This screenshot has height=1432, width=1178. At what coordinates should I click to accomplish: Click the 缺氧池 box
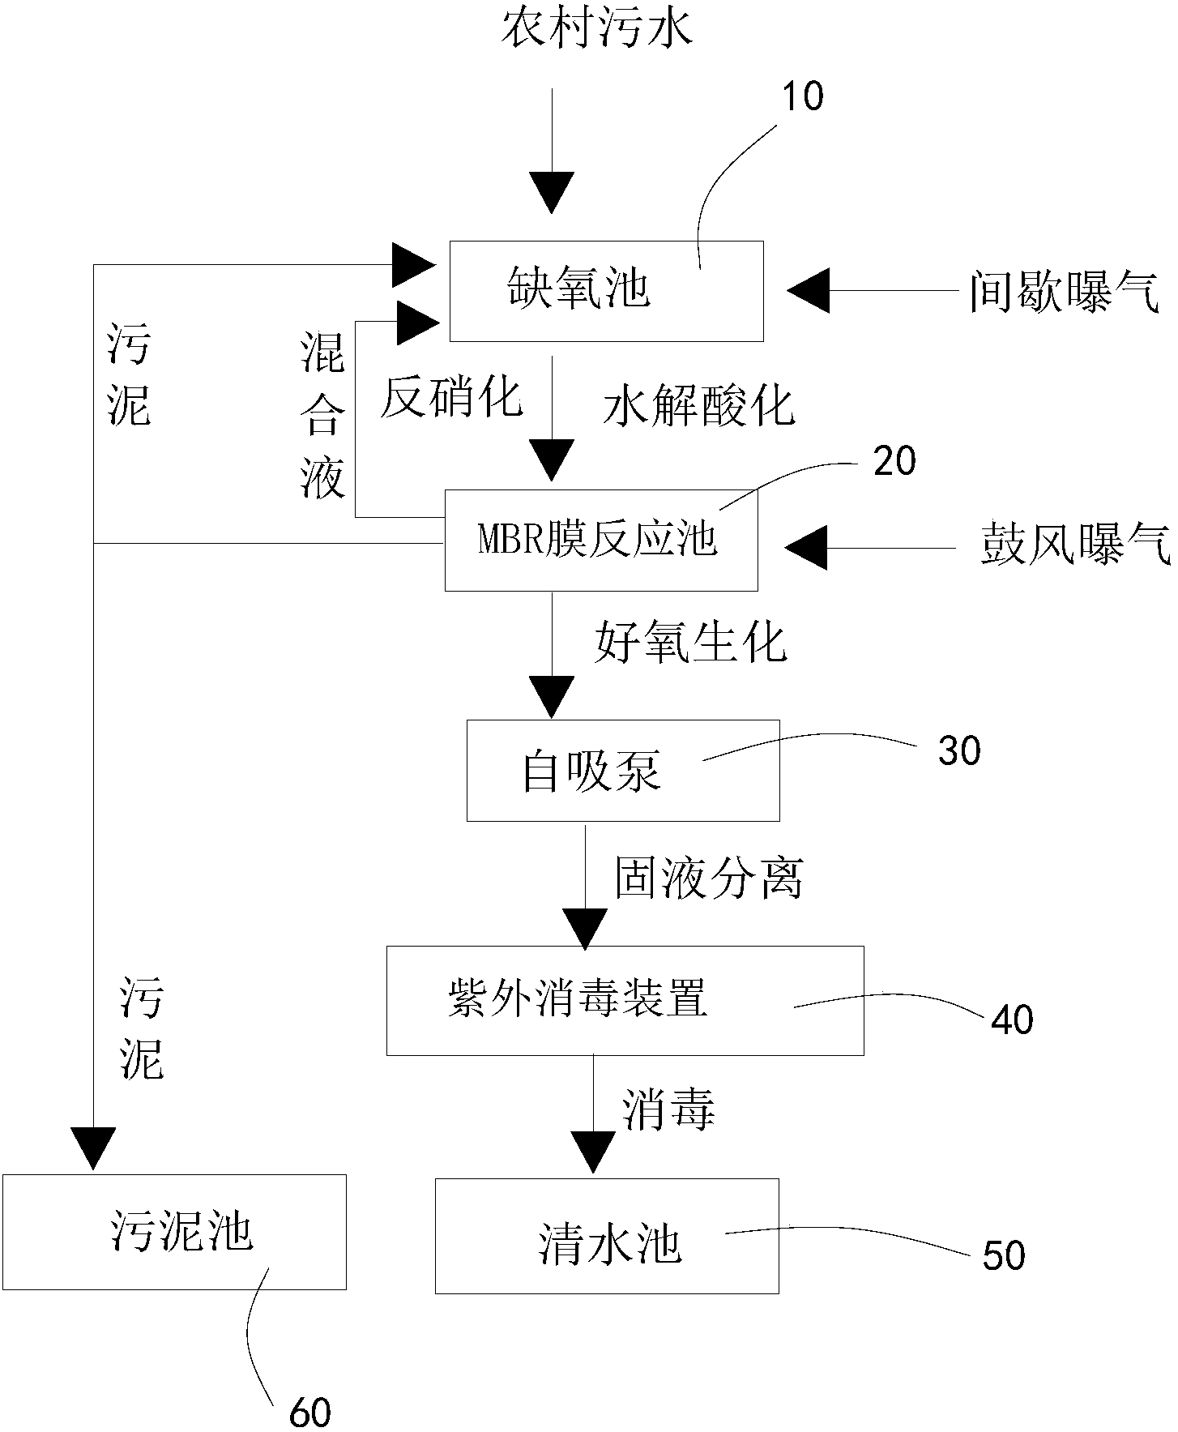606,291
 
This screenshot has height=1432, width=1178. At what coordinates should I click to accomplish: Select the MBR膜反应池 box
601,540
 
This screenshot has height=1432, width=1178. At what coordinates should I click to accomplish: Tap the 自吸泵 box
622,770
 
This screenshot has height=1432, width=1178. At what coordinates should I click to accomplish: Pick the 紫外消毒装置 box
625,1000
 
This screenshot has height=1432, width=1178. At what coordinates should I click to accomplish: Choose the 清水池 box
607,1235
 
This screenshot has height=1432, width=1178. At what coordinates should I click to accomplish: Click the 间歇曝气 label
1064,291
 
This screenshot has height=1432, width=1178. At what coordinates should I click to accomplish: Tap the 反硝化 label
451,398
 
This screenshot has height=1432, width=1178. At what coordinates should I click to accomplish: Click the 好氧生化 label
691,643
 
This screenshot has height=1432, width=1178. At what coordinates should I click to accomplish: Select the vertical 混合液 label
322,416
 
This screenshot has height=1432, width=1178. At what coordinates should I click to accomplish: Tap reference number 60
310,1413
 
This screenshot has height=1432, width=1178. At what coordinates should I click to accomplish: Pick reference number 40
1012,1019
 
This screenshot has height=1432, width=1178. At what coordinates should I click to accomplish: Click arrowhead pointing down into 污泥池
92,1148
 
